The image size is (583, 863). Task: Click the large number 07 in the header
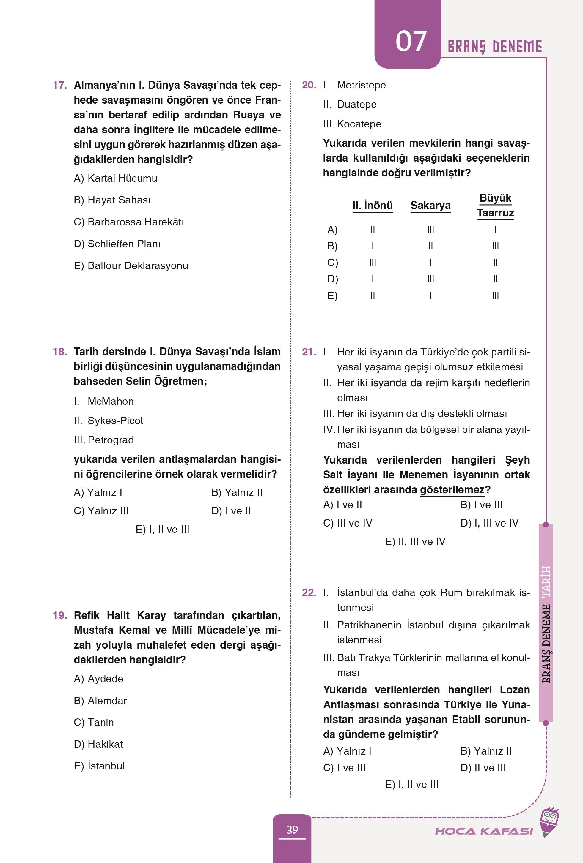click(411, 42)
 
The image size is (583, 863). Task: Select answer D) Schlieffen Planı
click(117, 244)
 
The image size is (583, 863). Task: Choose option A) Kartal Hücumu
click(115, 178)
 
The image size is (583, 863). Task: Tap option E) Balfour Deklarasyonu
click(131, 266)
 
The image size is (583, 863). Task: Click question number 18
click(59, 352)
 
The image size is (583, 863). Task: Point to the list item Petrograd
click(111, 440)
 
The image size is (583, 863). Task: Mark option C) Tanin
click(94, 722)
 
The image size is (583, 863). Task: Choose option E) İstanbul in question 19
click(99, 766)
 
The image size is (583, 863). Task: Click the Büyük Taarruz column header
click(495, 206)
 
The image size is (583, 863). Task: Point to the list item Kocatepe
click(359, 124)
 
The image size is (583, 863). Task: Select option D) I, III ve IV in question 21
click(489, 523)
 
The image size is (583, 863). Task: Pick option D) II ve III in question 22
click(483, 768)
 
